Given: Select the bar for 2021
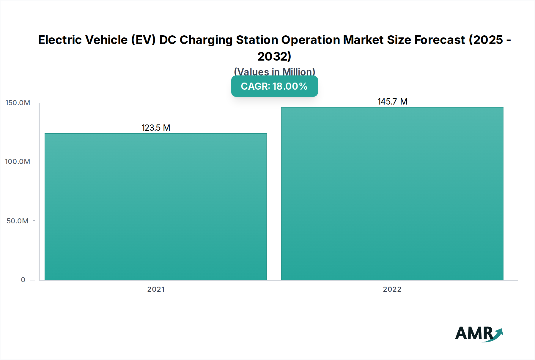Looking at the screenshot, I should [x=156, y=206].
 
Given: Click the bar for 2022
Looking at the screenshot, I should [x=392, y=193].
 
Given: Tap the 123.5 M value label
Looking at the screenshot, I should [x=156, y=128].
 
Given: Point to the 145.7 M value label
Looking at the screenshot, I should [x=392, y=102].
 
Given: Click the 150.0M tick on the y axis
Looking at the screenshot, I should [x=18, y=103].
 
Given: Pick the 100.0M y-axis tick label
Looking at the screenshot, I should [x=18, y=162].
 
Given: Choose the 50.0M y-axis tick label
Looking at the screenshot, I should [x=18, y=221].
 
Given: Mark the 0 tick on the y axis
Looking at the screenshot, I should [x=23, y=280].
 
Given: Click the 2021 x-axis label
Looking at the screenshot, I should [x=156, y=289].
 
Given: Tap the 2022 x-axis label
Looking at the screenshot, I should [x=392, y=289].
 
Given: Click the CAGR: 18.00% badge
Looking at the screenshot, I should [x=274, y=86].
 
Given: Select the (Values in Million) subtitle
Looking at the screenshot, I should [x=274, y=72].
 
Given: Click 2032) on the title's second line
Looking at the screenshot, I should [x=274, y=56].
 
